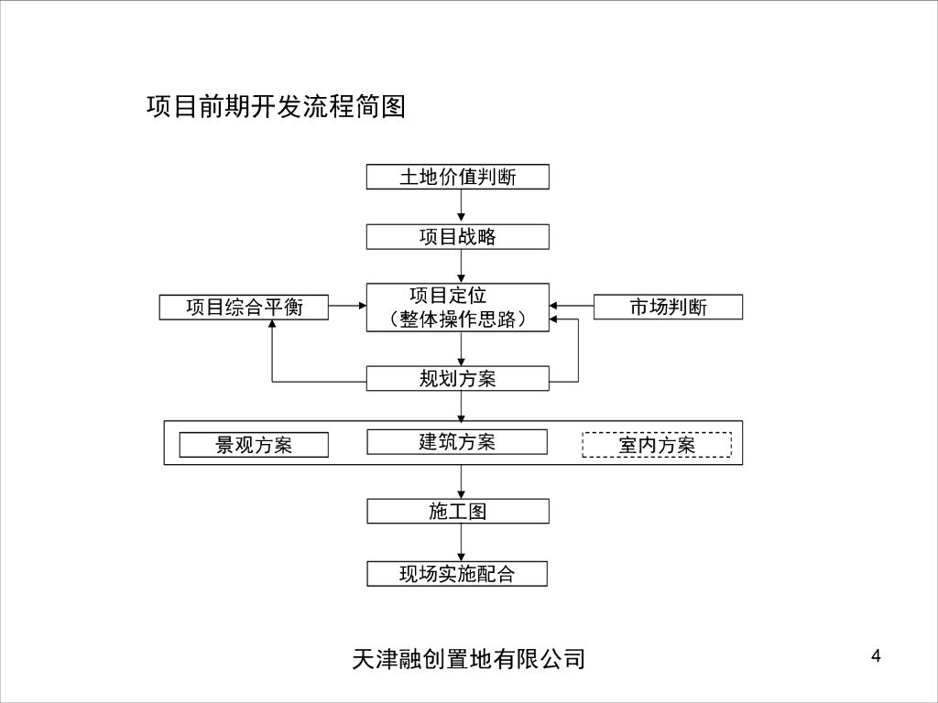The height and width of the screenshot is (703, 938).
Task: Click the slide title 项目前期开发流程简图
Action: coord(276,107)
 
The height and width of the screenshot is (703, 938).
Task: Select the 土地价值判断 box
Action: coord(457,177)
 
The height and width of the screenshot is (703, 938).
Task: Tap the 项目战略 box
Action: coord(457,236)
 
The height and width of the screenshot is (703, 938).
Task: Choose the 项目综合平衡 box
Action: coord(244,307)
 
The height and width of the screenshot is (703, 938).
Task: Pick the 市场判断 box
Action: coord(668,307)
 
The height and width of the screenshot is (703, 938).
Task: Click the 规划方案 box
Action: coord(457,378)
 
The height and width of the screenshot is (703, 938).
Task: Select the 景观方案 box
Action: coord(254,445)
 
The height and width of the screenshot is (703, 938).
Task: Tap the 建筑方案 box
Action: coord(457,441)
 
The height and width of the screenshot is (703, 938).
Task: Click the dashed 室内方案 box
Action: coord(657,445)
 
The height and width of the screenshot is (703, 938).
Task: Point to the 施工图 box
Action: coord(457,511)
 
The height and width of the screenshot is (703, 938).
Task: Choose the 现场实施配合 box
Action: coord(457,574)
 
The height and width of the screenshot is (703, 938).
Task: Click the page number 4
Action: coord(876,655)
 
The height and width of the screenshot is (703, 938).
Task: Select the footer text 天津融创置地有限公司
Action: coord(468,658)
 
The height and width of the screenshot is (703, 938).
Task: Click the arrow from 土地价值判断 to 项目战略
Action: coord(461,207)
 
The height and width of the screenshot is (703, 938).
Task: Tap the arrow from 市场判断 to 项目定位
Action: coord(572,305)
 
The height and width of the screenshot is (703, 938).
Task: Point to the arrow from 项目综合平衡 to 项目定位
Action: coord(347,306)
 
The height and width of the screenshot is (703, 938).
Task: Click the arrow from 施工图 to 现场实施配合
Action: coord(461,543)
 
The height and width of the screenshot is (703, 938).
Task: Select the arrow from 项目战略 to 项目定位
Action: coord(461,266)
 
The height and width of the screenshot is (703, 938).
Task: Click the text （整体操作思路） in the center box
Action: coord(457,319)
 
